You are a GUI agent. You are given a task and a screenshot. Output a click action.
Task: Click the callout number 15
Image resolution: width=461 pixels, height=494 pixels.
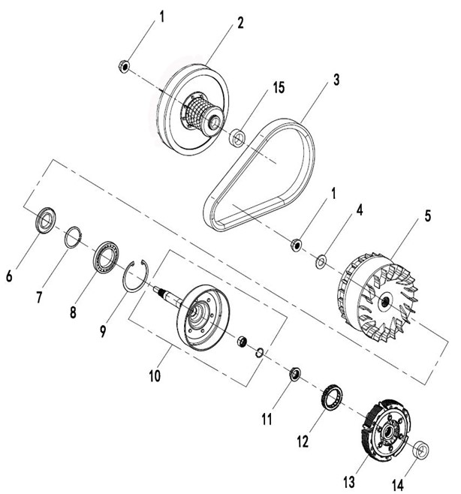click(279, 88)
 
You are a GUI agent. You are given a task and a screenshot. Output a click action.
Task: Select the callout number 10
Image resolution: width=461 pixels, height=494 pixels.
click(155, 376)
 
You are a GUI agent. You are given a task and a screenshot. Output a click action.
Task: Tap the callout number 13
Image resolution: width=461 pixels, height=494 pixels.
click(349, 482)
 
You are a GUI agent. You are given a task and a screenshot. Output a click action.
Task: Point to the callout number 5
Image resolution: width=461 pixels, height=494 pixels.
click(428, 216)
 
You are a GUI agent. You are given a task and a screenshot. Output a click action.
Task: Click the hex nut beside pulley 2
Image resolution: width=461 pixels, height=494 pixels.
click(124, 66)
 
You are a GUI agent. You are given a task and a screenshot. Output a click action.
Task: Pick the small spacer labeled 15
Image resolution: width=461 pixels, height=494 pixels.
click(238, 137)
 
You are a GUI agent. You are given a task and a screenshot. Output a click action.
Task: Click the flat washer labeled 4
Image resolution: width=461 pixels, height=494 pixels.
click(321, 261)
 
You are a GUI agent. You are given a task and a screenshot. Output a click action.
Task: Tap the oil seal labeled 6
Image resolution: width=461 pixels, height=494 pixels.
click(46, 220)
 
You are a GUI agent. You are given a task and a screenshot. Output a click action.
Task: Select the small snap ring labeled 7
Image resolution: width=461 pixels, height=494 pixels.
click(73, 237)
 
